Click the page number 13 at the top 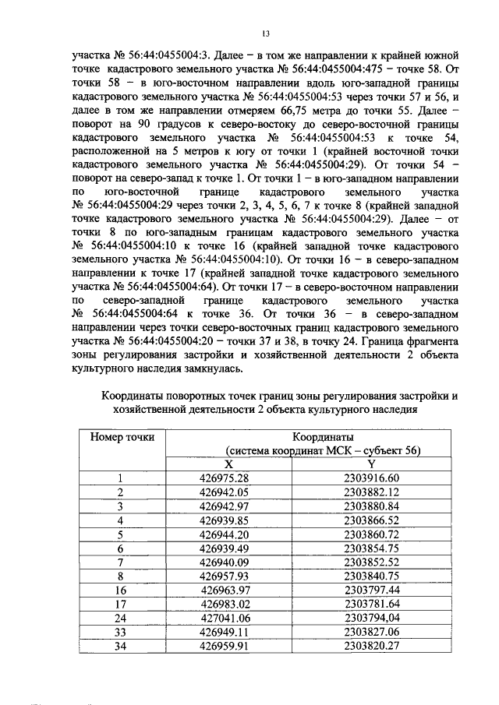pyautogui.click(x=266, y=34)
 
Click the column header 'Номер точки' pyautogui.click(x=122, y=437)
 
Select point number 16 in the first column pyautogui.click(x=121, y=590)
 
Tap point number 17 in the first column pyautogui.click(x=121, y=605)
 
